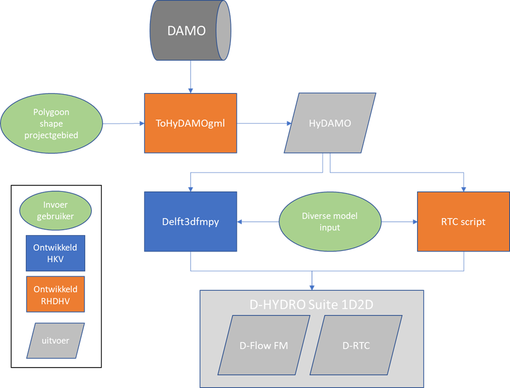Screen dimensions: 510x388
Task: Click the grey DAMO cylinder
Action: click(190, 30)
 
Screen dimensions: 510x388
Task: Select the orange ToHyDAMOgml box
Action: click(191, 123)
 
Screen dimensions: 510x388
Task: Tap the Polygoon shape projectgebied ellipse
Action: click(52, 123)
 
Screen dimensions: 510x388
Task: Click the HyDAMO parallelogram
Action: click(330, 123)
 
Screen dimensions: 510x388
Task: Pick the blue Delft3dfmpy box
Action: click(191, 222)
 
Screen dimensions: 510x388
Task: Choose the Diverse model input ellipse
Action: click(330, 222)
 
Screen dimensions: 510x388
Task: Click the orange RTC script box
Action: click(463, 222)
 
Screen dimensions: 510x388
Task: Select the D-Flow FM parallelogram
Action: click(264, 345)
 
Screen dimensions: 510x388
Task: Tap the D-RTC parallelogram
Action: click(356, 345)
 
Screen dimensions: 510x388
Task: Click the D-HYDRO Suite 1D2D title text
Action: click(311, 304)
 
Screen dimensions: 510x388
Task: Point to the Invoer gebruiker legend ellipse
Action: click(56, 210)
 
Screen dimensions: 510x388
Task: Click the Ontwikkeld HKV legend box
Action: click(56, 253)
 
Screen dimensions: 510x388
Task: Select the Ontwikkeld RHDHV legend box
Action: click(56, 294)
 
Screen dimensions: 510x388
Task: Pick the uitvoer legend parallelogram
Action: click(56, 341)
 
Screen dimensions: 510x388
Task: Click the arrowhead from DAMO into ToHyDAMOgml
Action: click(191, 91)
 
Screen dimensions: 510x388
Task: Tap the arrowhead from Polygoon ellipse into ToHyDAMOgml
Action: click(142, 123)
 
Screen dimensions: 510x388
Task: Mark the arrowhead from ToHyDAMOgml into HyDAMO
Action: click(289, 123)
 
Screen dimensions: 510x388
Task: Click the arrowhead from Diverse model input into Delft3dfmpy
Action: click(240, 222)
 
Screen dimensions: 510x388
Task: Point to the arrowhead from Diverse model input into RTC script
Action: click(415, 222)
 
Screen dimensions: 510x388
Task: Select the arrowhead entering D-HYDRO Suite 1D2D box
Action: click(312, 288)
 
